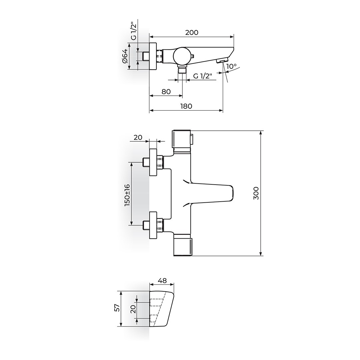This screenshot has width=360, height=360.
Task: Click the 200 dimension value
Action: tap(192, 32)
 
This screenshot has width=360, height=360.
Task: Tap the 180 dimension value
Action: tap(186, 106)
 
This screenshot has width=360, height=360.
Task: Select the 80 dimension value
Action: tap(166, 91)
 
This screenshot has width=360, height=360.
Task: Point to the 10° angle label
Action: tap(231, 66)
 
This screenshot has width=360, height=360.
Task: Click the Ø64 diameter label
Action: tap(125, 56)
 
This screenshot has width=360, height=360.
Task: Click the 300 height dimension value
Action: tap(256, 193)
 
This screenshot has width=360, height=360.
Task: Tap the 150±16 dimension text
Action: tap(127, 195)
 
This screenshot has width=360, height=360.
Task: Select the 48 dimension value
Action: tap(162, 281)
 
